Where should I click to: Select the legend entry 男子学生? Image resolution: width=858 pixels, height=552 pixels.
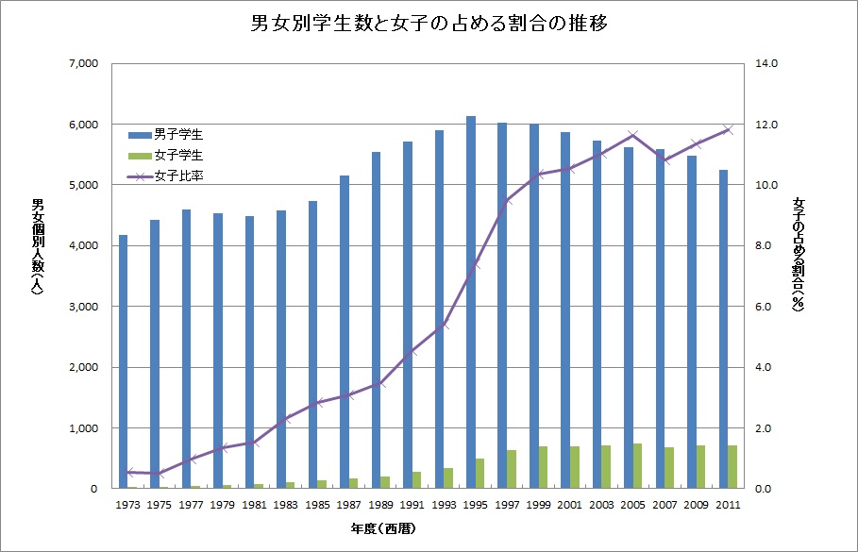(x=178, y=134)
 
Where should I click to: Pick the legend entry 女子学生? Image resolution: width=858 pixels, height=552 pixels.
(x=178, y=154)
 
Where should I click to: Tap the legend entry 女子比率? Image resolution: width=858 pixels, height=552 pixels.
(x=178, y=175)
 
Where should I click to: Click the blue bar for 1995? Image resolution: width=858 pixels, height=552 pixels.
(x=470, y=302)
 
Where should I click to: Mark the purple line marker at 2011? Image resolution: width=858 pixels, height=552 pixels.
(x=728, y=130)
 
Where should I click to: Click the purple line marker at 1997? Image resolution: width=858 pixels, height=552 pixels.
(x=507, y=201)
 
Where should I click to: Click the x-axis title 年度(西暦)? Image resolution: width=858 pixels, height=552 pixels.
(x=428, y=530)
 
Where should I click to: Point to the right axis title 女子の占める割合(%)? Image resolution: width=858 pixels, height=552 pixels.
(x=799, y=255)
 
